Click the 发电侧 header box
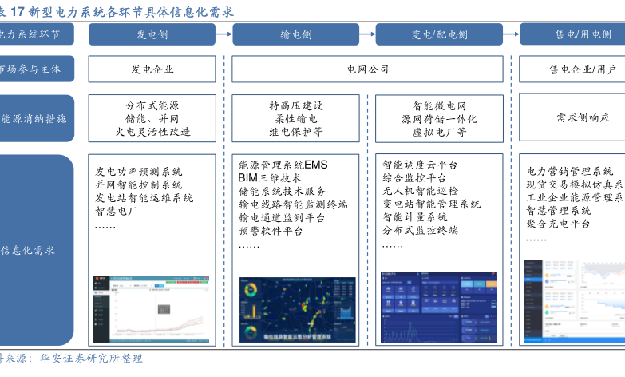coord(152,34)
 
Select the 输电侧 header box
coord(295,34)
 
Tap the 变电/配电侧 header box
coord(439,34)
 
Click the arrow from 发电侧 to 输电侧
coord(223,34)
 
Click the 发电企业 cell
coord(152,69)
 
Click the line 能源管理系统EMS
coord(283,165)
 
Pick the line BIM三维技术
coord(270,178)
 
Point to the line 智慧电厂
coord(117,212)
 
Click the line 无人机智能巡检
coord(421,191)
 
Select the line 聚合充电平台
coord(558,224)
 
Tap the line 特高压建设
coord(295,105)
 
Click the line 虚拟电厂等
coord(439,132)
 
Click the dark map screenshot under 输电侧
coord(297,310)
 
